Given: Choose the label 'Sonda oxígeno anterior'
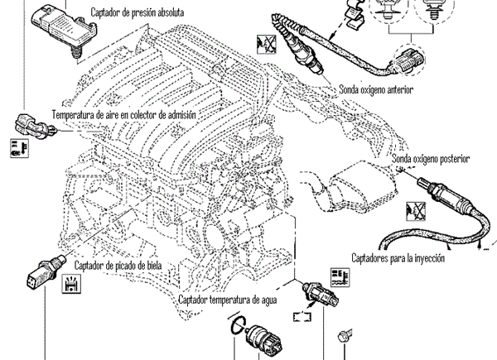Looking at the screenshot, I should pyautogui.click(x=376, y=89).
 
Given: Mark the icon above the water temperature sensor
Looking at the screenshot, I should pyautogui.click(x=340, y=276).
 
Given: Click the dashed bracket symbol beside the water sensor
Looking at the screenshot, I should pyautogui.click(x=300, y=314).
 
